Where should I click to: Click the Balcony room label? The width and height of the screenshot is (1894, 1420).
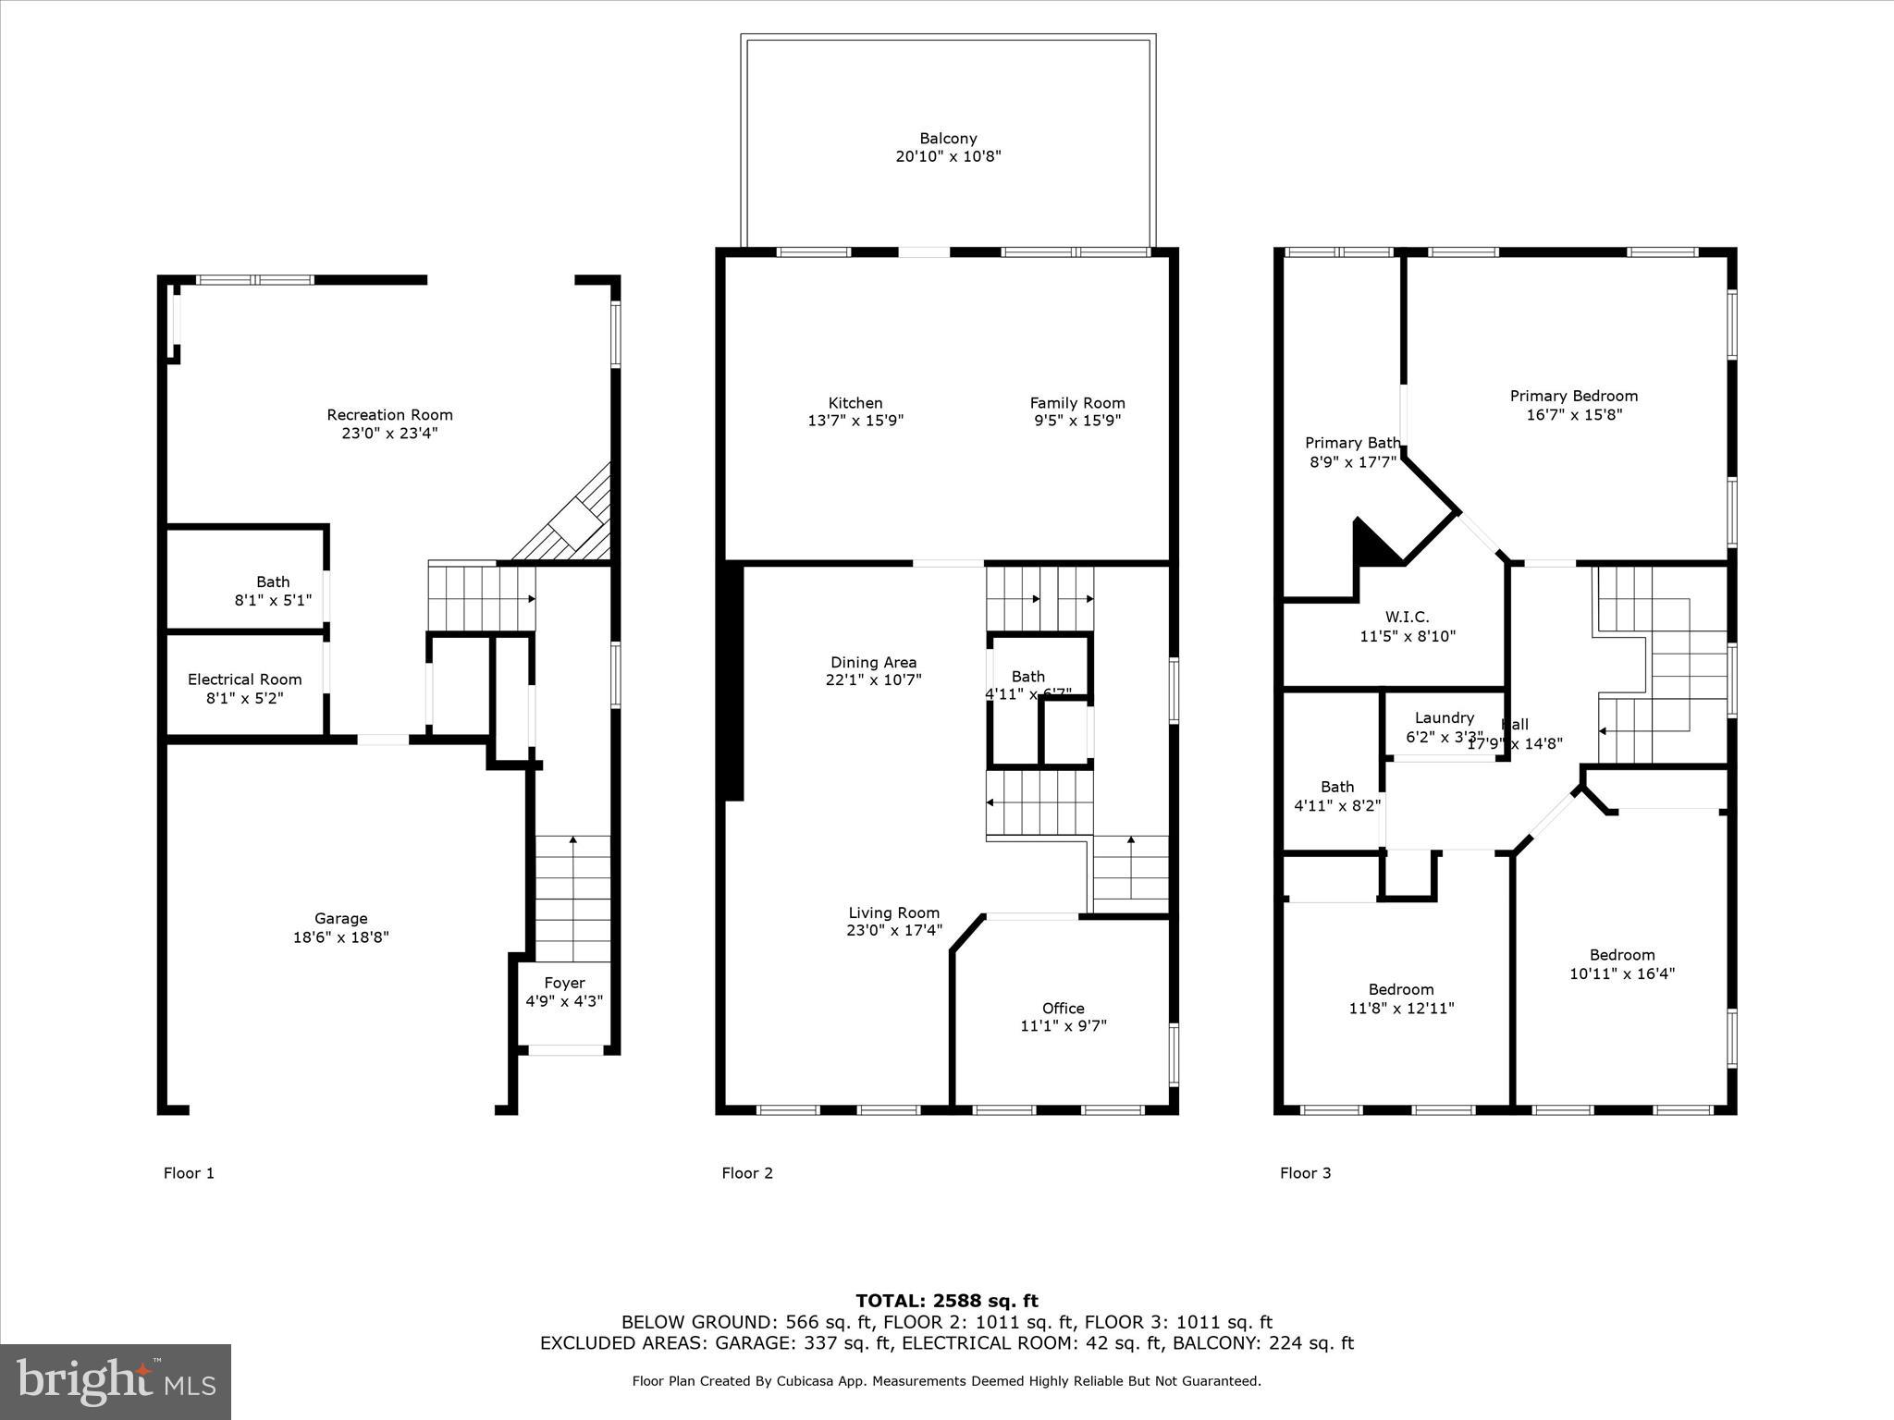tap(948, 139)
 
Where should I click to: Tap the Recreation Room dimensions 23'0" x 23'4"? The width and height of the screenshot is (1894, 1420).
tap(389, 433)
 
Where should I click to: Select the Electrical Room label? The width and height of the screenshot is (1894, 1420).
tap(244, 679)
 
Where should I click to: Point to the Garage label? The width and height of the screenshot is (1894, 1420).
tap(340, 919)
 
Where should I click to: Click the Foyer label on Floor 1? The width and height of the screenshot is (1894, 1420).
tap(564, 983)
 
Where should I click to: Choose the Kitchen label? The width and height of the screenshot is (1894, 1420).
tap(855, 403)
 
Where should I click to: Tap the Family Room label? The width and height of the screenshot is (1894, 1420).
tap(1077, 403)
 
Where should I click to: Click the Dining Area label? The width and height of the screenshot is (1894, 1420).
tap(873, 662)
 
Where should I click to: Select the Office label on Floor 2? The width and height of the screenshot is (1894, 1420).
tap(1063, 1008)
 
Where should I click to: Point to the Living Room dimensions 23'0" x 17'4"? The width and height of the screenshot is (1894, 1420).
tap(893, 930)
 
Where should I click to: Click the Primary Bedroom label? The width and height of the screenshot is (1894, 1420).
tap(1573, 396)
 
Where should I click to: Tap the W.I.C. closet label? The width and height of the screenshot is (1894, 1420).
tap(1407, 617)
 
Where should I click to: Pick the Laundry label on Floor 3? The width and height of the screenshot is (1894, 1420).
tap(1444, 717)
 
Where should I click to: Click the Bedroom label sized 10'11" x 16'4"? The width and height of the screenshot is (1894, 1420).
tap(1621, 955)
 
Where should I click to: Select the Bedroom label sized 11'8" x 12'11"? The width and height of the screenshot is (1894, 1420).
tap(1401, 989)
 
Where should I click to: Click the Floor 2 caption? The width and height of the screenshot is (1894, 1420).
tap(746, 1173)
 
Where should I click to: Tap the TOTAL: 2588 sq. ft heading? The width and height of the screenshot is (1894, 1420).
tap(946, 1301)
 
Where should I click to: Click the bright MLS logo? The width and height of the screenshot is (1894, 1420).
tap(116, 1381)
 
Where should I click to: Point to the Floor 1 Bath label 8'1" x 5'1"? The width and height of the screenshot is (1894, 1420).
tap(272, 581)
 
